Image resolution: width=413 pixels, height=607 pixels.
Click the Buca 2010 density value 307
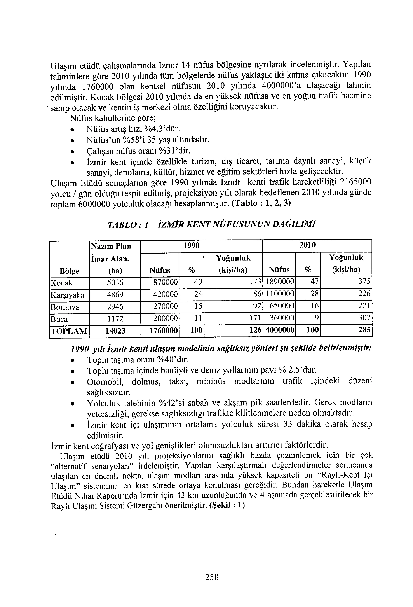coord(364,318)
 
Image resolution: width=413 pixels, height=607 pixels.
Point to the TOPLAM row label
coord(69,331)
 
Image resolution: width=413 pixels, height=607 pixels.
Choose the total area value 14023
coord(115,331)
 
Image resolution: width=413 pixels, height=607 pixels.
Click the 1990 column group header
coord(191,245)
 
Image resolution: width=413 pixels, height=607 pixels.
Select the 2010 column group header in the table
coord(308,245)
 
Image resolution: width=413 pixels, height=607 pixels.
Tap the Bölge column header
coord(70,271)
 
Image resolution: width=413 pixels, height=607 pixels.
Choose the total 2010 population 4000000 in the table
coord(280,331)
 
